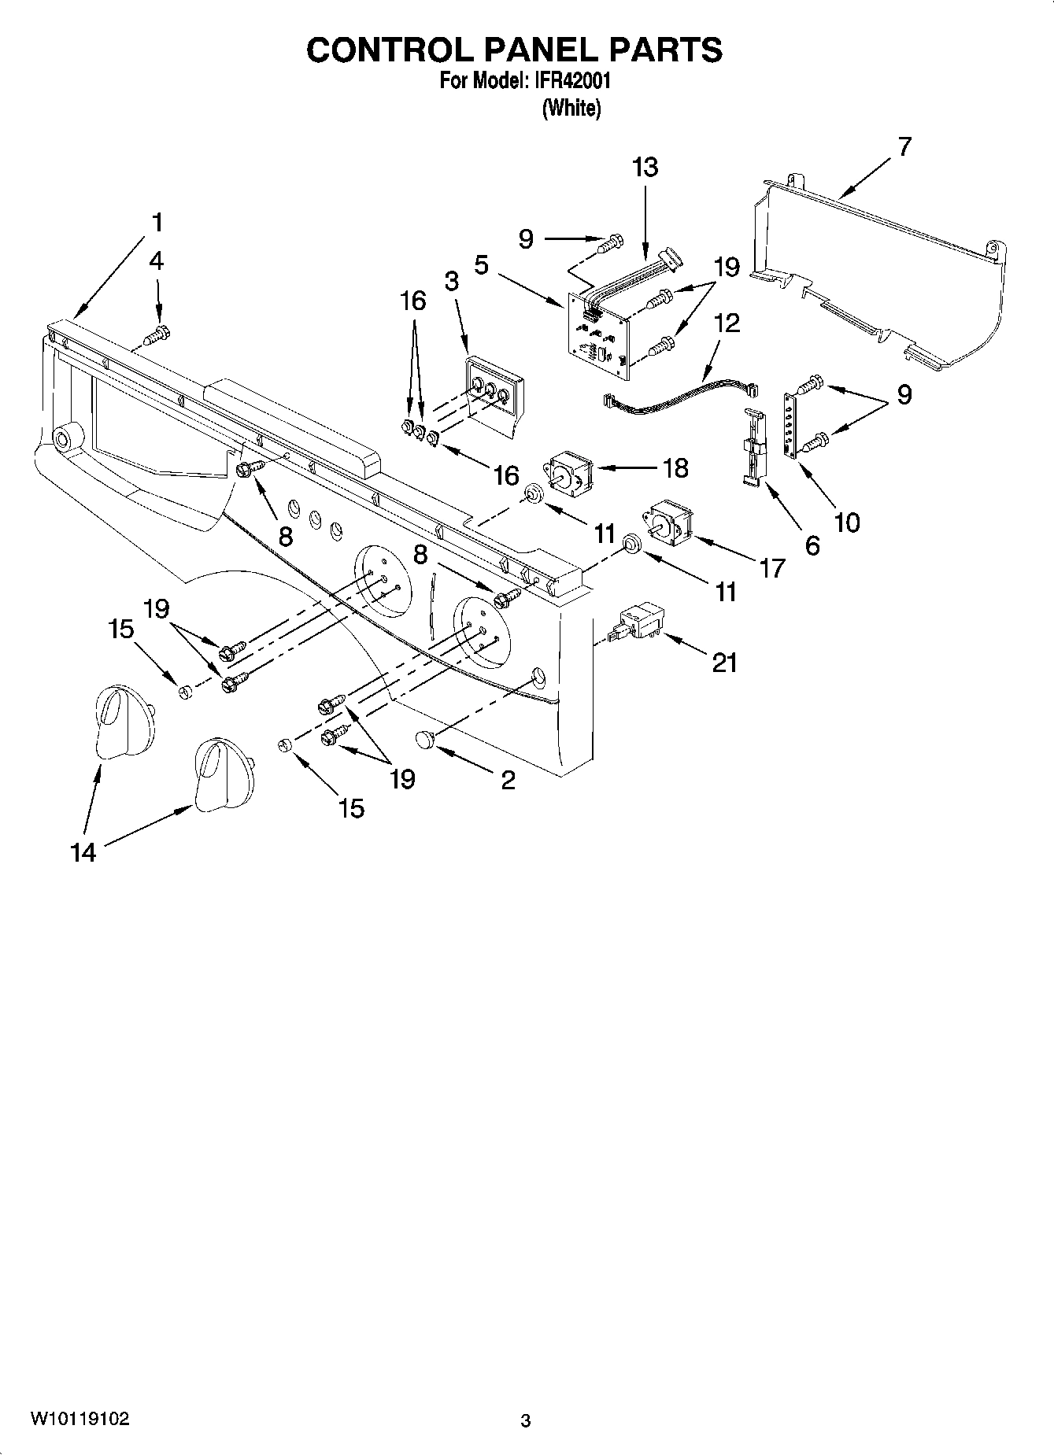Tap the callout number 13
click(x=645, y=168)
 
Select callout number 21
click(x=724, y=663)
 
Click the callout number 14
click(x=83, y=852)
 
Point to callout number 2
click(x=508, y=780)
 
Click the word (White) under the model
click(x=571, y=108)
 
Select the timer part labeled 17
click(x=668, y=520)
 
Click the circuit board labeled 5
click(x=596, y=334)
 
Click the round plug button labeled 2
click(x=425, y=740)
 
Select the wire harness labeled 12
click(x=677, y=393)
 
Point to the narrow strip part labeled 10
click(x=788, y=423)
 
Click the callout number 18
click(x=675, y=467)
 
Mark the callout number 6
click(x=812, y=544)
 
